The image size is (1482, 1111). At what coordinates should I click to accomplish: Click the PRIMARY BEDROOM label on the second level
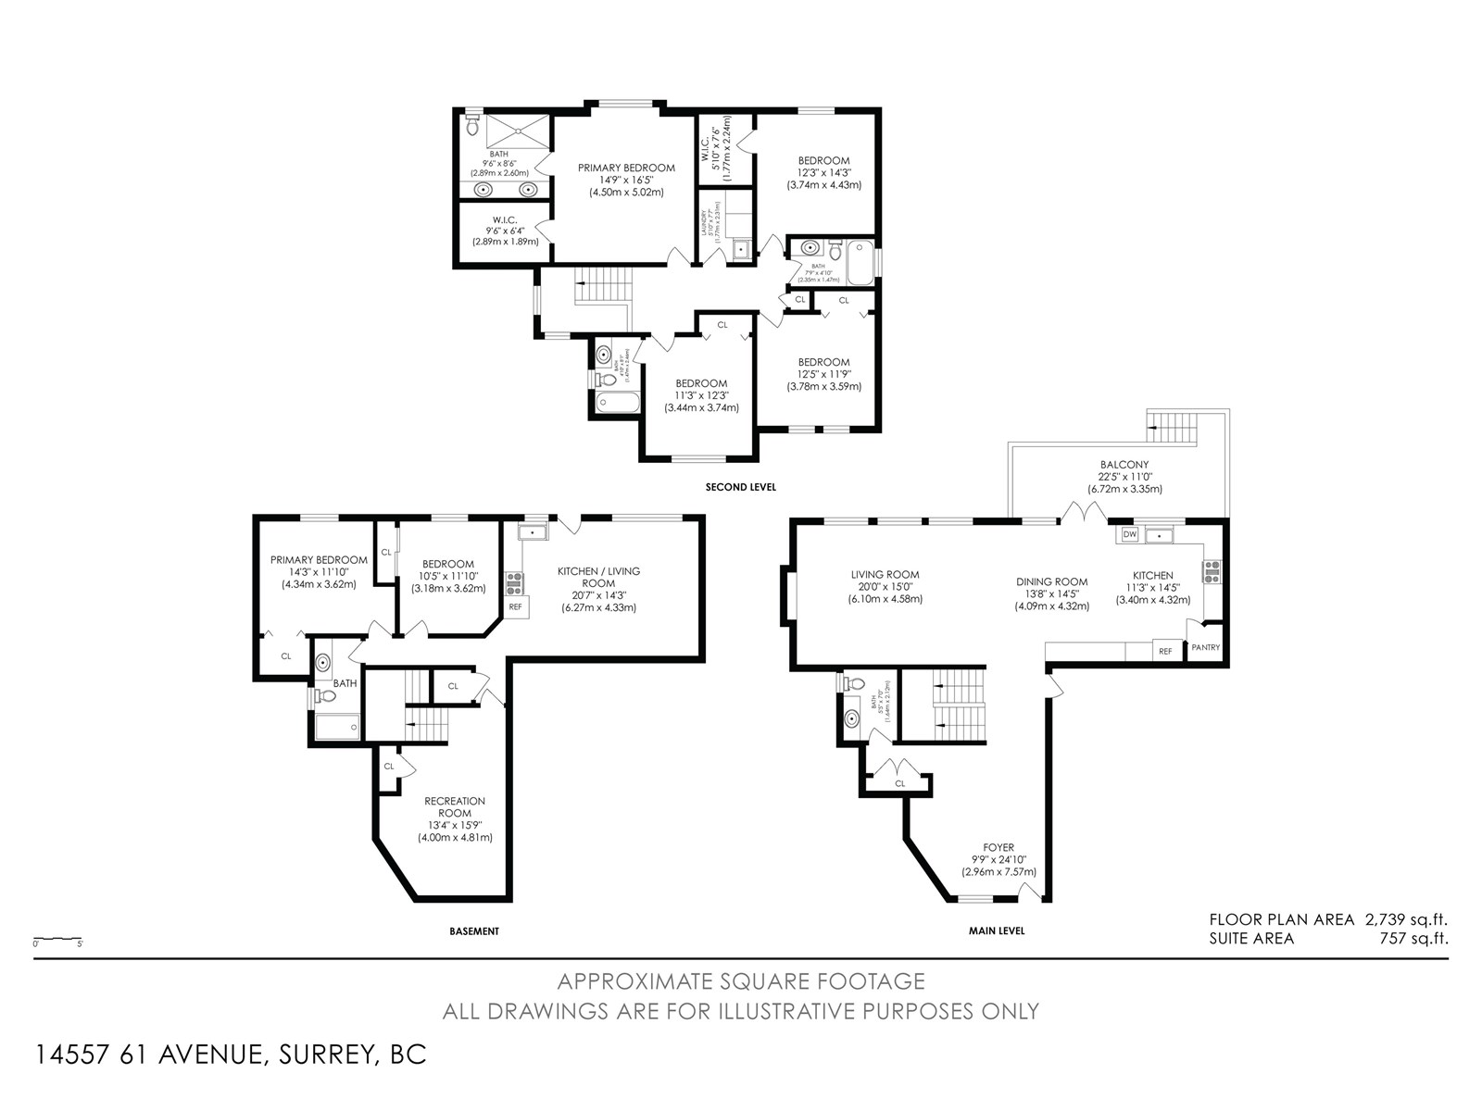(x=626, y=168)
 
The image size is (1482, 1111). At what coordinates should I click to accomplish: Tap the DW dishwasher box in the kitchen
(x=1129, y=534)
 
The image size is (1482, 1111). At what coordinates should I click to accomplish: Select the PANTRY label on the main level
(x=1205, y=647)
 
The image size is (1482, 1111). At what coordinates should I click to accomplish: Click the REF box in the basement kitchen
(x=515, y=607)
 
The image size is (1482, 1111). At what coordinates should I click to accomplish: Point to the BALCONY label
(x=1124, y=465)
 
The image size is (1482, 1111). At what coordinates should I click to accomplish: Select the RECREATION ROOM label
(x=455, y=806)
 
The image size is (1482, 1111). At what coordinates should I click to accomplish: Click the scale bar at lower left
(x=57, y=940)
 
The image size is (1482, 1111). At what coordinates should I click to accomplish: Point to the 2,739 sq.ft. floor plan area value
(x=1405, y=919)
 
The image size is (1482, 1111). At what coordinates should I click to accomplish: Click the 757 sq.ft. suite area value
(x=1413, y=938)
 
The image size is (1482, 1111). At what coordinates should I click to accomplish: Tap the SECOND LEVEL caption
(x=740, y=487)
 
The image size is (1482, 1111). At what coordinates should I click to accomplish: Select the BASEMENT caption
(x=474, y=931)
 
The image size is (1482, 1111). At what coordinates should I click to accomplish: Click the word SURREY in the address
(x=318, y=1055)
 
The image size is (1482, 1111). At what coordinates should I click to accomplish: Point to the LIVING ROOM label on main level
(x=885, y=575)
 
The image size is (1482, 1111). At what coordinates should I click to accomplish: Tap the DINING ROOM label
(x=1051, y=581)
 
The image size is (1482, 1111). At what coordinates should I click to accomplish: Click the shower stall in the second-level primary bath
(x=517, y=131)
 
